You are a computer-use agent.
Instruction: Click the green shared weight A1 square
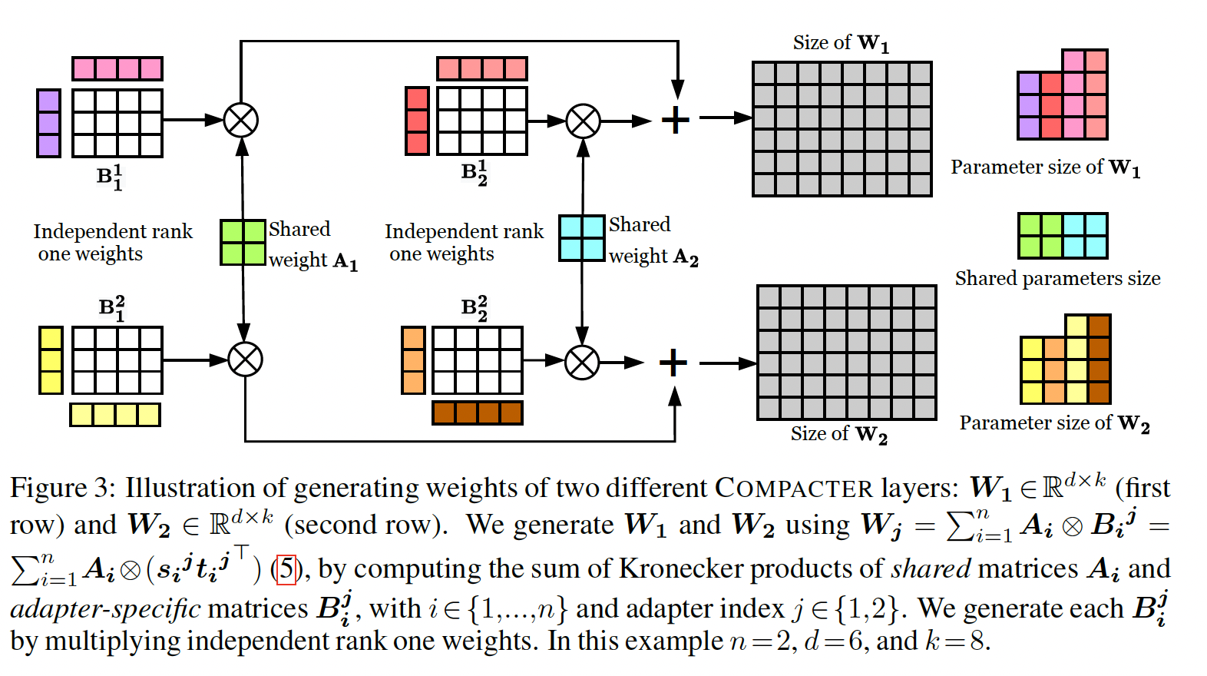[x=243, y=243]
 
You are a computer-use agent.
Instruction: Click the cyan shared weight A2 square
[x=582, y=238]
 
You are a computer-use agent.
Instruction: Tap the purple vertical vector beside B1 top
[x=49, y=123]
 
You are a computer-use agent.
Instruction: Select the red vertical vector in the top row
[x=417, y=121]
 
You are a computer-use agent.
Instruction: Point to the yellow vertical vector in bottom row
[x=51, y=360]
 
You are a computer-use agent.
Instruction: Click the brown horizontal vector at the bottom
[x=478, y=413]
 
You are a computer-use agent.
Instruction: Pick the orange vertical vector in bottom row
[x=413, y=360]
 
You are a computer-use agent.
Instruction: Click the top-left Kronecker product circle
[x=241, y=121]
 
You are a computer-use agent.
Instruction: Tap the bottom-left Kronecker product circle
[x=245, y=360]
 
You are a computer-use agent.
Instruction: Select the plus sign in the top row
[x=676, y=120]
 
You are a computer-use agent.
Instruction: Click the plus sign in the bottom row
[x=673, y=363]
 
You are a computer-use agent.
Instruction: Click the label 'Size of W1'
[x=841, y=43]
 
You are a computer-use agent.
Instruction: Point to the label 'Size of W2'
[x=838, y=434]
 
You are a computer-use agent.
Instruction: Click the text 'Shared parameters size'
[x=1057, y=278]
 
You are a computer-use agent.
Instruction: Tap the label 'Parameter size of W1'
[x=1045, y=167]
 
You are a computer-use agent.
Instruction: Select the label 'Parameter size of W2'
[x=1054, y=423]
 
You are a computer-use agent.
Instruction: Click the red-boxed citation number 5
[x=286, y=569]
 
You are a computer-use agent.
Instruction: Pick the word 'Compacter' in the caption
[x=794, y=488]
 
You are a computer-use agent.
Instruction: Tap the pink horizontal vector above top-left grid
[x=117, y=68]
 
